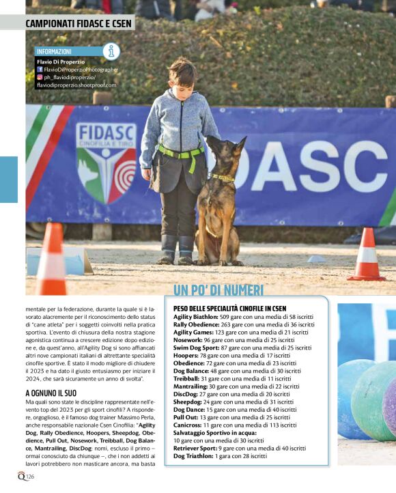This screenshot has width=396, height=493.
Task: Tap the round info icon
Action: click(111, 51)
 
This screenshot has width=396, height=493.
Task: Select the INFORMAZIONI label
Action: click(55, 51)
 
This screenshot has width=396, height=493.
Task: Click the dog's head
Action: click(224, 154)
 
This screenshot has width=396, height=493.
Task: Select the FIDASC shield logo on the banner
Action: click(106, 164)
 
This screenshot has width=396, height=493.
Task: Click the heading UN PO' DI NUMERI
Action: click(218, 291)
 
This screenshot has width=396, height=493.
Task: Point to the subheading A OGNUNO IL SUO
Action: click(55, 394)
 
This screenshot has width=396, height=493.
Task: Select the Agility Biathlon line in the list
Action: click(243, 318)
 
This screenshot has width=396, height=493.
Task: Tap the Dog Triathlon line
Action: click(220, 455)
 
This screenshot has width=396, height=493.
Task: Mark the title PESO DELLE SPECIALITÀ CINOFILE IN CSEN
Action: click(230, 309)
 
